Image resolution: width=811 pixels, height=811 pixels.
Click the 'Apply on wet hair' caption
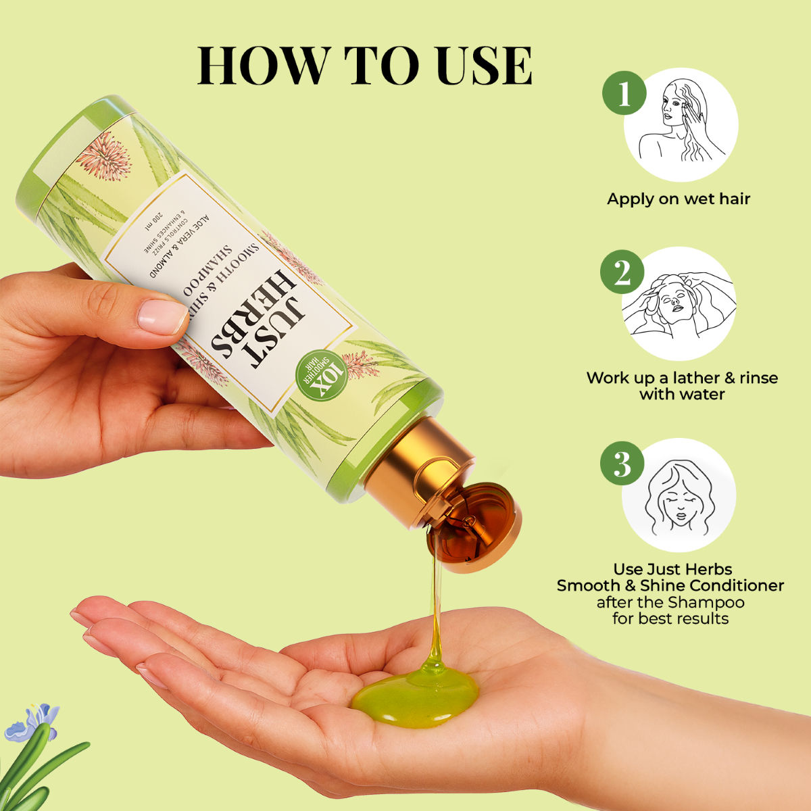pos(679,199)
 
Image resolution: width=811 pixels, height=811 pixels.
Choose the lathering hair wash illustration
pos(679,304)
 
